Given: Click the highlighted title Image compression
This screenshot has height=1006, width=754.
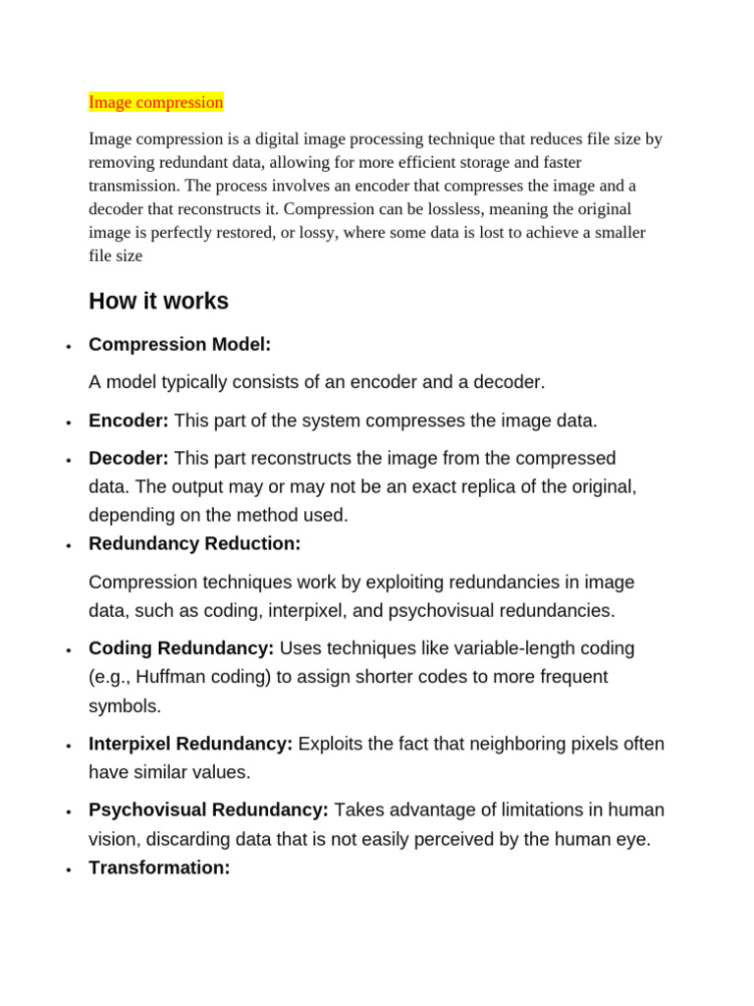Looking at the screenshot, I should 156,102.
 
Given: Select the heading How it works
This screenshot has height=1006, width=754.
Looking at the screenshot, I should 158,301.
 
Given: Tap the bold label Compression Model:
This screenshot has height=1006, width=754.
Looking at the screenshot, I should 180,345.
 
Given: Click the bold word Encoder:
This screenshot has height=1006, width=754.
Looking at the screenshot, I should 129,420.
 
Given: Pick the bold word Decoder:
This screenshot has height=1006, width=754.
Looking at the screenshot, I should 129,458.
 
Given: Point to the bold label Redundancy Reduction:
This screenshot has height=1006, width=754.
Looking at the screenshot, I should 194,543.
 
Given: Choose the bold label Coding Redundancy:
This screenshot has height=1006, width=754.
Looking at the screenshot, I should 182,648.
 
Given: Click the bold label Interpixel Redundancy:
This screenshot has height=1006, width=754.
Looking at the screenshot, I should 190,744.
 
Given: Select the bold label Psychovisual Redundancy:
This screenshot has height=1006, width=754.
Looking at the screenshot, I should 208,810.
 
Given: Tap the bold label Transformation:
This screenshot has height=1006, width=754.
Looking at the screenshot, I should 159,867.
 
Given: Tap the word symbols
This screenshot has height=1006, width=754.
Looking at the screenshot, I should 125,706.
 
